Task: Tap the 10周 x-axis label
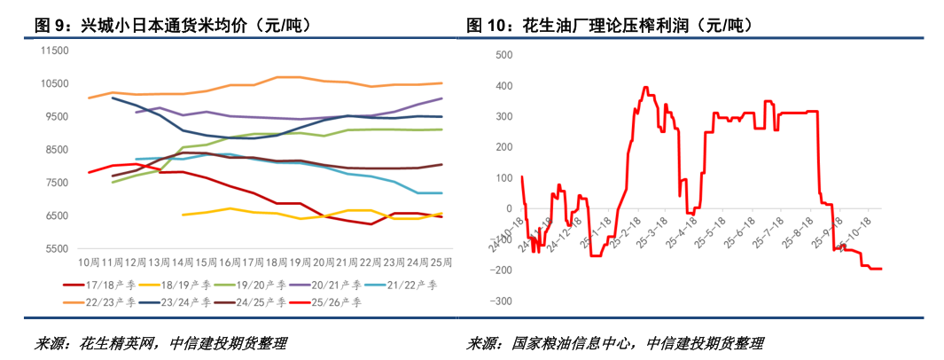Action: pos(89,263)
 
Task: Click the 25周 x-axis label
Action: pos(441,263)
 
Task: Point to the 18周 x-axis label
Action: pos(277,263)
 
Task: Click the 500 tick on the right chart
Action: pos(505,55)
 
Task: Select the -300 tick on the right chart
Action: pos(503,301)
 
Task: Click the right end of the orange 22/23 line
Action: pos(441,83)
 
